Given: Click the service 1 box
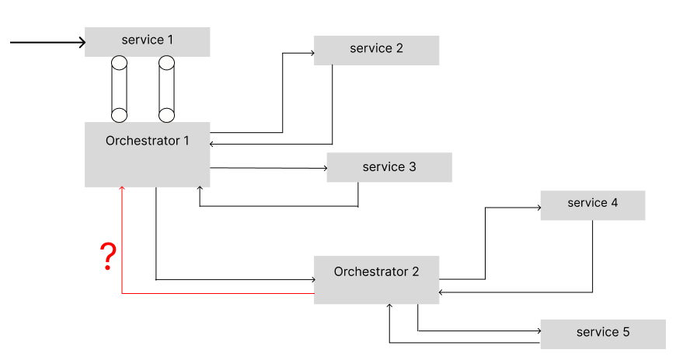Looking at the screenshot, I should click(147, 41).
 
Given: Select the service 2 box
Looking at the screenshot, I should click(376, 50).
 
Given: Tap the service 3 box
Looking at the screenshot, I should click(389, 167).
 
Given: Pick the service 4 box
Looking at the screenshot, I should click(592, 204).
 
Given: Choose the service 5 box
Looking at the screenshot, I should click(603, 334).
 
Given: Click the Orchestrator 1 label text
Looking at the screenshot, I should click(147, 141).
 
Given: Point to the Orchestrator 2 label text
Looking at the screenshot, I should click(376, 271).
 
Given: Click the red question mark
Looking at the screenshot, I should click(109, 256).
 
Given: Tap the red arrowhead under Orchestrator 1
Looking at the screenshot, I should click(122, 189).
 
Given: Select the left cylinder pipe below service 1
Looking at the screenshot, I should click(119, 89).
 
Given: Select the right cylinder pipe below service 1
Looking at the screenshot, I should click(167, 89).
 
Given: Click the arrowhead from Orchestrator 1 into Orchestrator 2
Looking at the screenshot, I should click(311, 278).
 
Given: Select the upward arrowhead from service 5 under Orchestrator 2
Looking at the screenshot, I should click(389, 306).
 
